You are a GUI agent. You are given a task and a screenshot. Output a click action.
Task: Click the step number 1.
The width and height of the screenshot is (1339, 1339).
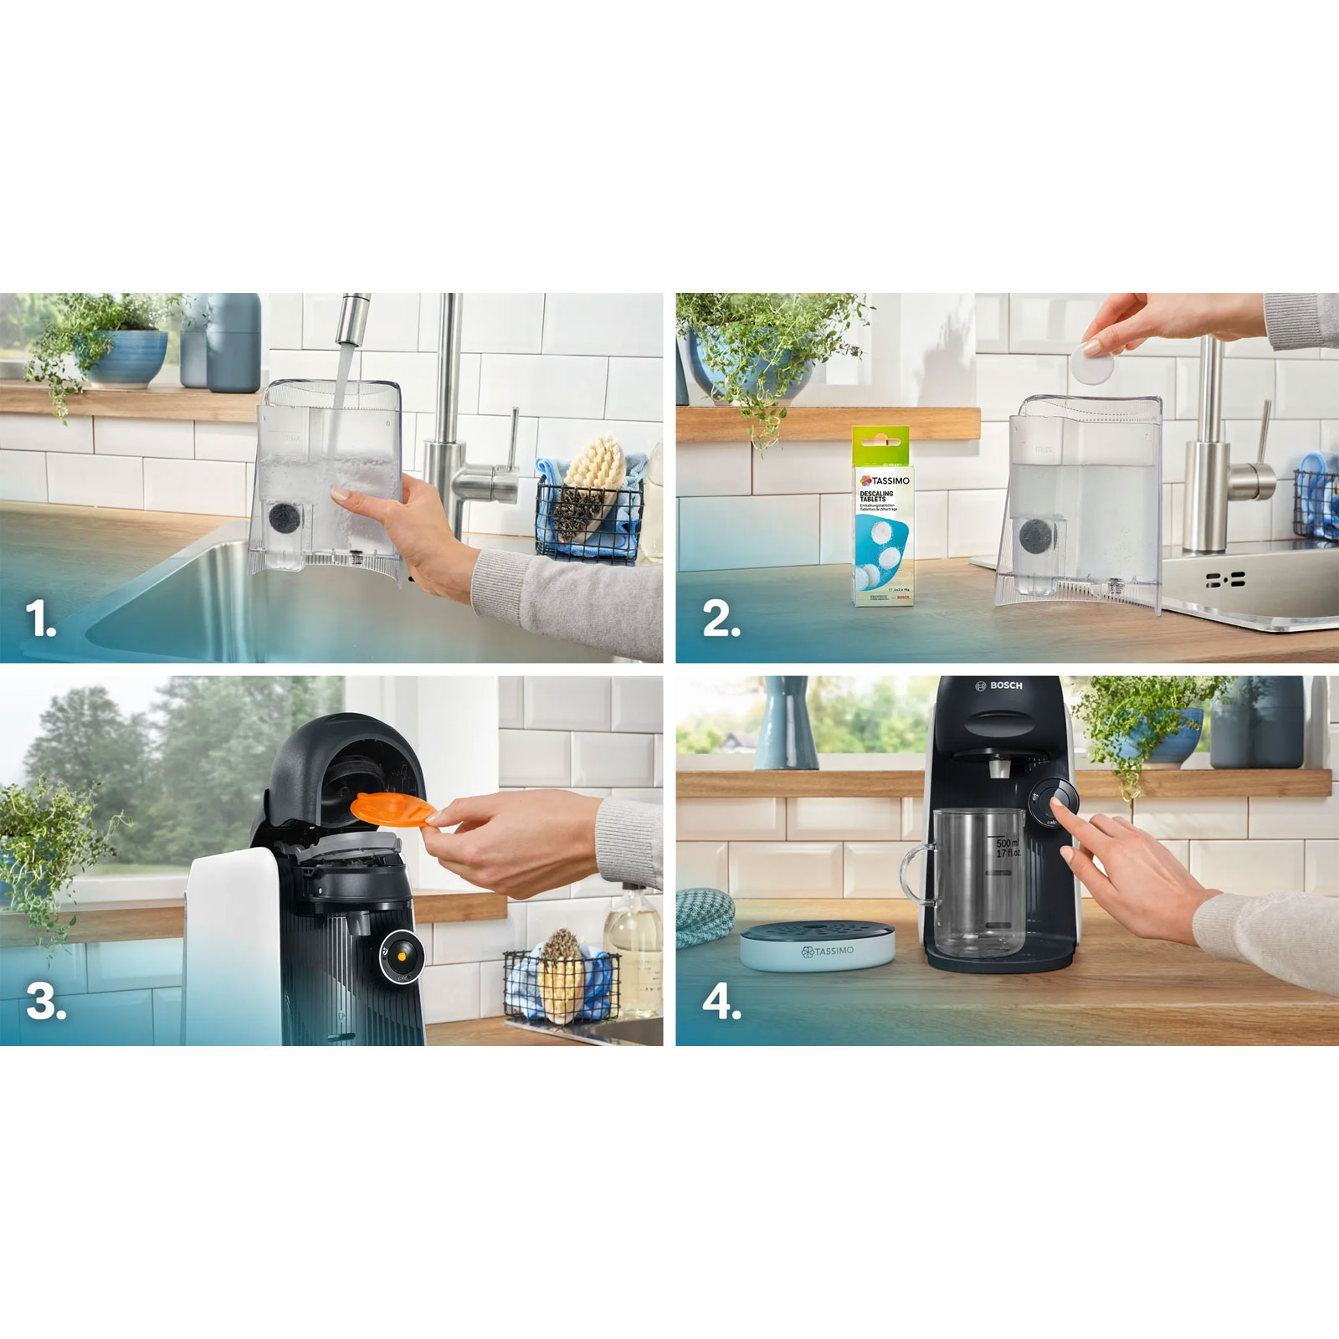point(39,620)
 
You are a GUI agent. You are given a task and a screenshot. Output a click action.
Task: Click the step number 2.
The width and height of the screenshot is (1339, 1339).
point(721,620)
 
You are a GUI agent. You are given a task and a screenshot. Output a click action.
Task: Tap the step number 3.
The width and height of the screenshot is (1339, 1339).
point(45,1002)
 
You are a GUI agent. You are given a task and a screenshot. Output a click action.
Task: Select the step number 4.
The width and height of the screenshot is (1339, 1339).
point(721,1002)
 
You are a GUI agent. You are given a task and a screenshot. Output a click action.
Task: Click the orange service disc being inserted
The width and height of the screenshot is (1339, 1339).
point(391,808)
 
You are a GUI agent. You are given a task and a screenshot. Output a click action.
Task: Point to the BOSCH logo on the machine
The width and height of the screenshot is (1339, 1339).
point(999,685)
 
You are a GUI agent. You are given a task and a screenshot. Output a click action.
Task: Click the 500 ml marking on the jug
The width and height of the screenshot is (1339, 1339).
point(1007,844)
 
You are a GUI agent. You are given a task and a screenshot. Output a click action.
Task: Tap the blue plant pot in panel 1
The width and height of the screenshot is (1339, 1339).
point(126,357)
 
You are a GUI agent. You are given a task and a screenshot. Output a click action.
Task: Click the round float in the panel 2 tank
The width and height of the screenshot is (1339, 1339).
point(1037,535)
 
